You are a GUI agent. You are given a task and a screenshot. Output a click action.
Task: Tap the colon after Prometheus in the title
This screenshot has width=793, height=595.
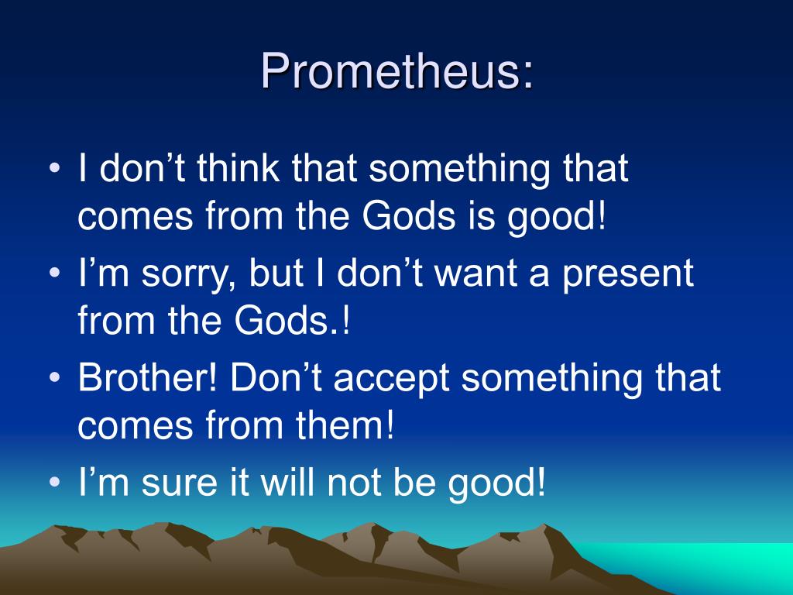pos(527,77)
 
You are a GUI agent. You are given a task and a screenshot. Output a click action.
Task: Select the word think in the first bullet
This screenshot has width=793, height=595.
pos(238,167)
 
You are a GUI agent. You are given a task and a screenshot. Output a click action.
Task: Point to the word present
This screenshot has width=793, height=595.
pos(627,275)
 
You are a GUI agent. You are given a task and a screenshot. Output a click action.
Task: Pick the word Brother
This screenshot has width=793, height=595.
pos(147,377)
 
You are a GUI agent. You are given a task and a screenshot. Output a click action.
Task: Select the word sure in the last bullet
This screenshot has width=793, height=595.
pos(180,483)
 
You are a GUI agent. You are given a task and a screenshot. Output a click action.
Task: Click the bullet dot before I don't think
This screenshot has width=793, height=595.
pos(55,167)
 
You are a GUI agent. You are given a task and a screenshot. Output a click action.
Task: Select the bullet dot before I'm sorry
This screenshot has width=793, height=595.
pos(55,273)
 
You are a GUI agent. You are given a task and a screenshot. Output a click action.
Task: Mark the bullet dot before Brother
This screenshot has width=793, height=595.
pos(55,377)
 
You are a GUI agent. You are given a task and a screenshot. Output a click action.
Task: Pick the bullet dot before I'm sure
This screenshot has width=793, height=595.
pos(55,481)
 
